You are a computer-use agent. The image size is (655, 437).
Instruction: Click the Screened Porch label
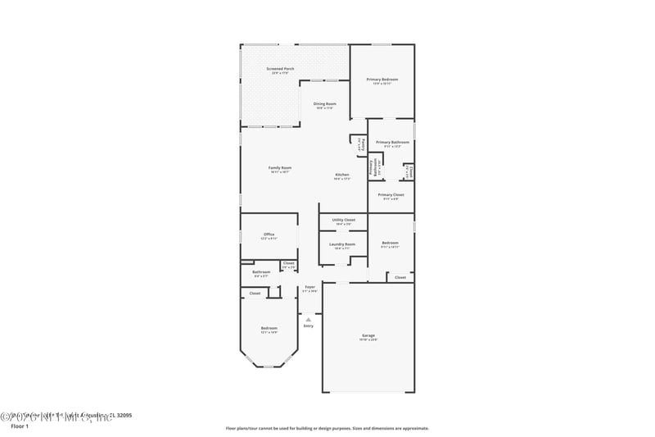tap(280, 69)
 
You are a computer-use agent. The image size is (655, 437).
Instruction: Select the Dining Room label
tap(325, 104)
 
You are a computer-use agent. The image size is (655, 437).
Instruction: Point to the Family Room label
tap(280, 168)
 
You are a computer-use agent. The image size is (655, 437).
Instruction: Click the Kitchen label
tap(342, 175)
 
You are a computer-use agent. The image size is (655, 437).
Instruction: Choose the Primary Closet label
tap(391, 195)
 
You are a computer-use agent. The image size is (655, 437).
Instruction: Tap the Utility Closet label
tap(343, 220)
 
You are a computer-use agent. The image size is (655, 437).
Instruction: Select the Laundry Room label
tap(342, 244)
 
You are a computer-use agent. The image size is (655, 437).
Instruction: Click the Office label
tap(269, 234)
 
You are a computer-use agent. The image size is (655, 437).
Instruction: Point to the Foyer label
tap(309, 287)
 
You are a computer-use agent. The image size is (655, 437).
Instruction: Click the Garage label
tap(368, 335)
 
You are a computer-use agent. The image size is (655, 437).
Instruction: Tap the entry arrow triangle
tap(309, 319)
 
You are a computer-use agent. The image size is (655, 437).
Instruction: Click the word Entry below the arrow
tap(309, 326)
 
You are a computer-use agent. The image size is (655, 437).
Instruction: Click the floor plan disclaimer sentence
tap(327, 428)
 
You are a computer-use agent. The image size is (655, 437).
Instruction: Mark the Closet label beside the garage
tap(400, 278)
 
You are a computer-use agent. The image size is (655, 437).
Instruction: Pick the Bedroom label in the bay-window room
tap(269, 329)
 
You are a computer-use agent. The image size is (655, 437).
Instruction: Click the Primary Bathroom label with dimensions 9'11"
tap(392, 143)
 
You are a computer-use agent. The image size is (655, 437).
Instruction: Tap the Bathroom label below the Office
tap(261, 272)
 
